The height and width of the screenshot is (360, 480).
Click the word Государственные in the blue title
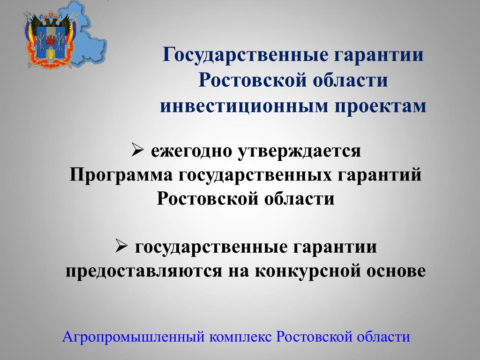[x=245, y=55]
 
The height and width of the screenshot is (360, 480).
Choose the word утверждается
[x=300, y=151]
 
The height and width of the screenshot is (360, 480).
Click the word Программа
[x=121, y=175]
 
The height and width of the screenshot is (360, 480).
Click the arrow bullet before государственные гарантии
[x=121, y=246]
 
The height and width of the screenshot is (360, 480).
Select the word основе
[x=396, y=271]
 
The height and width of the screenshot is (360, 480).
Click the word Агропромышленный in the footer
[x=133, y=337]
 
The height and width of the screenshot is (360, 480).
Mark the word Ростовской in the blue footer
[x=314, y=337]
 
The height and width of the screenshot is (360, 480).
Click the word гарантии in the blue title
[x=379, y=55]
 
